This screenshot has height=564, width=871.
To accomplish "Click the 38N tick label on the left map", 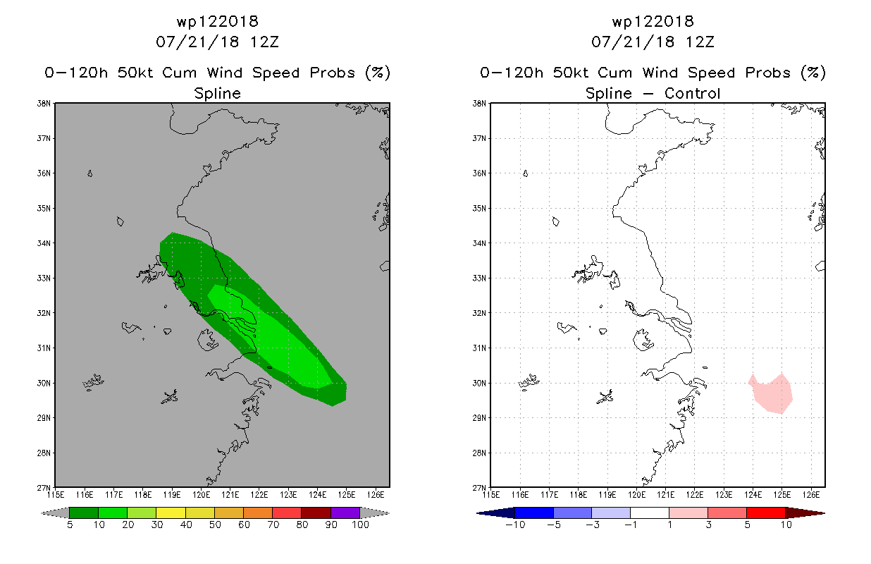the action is coord(44,104).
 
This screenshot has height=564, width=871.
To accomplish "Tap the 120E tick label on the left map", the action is coord(201,495).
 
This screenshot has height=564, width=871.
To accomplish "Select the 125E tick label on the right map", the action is coord(782,495).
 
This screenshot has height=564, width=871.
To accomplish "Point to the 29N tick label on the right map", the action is coord(479,418).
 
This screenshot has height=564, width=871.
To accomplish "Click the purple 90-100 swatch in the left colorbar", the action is coord(345,513).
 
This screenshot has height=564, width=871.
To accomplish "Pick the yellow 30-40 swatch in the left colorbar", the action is coord(171,513).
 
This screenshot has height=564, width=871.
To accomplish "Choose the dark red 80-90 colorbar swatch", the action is coord(316,513).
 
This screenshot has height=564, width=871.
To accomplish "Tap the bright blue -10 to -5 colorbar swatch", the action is coord(534,513).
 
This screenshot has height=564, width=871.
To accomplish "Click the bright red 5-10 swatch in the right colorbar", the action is coord(766,513).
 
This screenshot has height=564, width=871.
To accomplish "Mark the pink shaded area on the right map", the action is coord(772,393).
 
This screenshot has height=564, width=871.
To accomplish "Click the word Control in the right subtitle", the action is coord(692,93).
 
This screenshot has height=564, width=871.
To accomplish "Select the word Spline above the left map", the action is coord(217,94).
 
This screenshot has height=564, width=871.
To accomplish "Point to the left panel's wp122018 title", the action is coord(217,21).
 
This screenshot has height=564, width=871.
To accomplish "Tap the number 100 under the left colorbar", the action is coord(360,525).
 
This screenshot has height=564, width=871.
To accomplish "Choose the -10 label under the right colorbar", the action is coord(515,525).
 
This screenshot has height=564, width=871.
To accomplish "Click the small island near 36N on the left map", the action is coord(89,173).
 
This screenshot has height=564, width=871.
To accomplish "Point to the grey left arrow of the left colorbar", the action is coord(55,513).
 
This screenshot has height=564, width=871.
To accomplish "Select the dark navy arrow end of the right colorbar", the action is coord(496,513).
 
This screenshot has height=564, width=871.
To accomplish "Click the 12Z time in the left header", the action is coord(264,42).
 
